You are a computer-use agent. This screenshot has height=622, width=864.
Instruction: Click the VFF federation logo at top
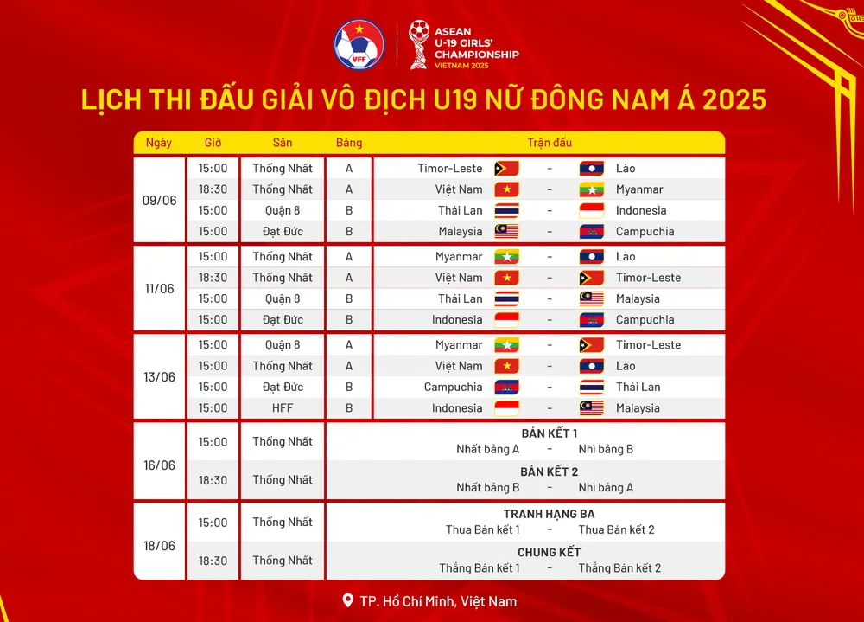coord(359,44)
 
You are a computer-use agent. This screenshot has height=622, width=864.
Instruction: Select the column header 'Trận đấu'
coord(549,143)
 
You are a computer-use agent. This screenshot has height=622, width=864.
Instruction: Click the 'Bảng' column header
coord(349,143)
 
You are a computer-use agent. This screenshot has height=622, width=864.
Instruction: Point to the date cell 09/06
coord(159,200)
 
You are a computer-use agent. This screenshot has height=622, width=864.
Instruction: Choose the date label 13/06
coord(159,376)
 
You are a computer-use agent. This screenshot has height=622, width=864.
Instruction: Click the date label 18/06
coord(159,546)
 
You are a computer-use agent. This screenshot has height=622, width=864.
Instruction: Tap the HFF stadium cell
coord(283,408)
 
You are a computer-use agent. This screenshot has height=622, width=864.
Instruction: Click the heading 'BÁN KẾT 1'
coord(550,433)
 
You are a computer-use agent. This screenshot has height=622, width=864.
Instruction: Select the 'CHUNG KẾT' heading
coord(550,552)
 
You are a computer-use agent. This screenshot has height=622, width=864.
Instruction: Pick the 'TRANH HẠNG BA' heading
coord(550,514)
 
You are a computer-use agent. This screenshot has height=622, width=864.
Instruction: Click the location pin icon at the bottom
coord(348,600)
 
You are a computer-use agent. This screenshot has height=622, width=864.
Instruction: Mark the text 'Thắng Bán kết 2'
coord(619,568)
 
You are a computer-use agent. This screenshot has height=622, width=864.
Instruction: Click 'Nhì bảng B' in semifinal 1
coord(606,449)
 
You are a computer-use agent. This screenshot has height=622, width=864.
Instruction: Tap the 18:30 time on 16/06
coord(213,480)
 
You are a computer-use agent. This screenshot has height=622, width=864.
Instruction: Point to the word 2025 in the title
coord(734,99)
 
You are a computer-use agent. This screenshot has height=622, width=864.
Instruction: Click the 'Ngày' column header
coord(159,143)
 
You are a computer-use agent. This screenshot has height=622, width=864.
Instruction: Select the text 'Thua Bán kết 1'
coord(483,529)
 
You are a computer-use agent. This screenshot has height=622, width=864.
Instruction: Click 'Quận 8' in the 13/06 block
coord(283,345)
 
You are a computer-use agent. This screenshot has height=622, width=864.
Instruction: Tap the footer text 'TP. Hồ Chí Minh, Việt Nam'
coord(438,601)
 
